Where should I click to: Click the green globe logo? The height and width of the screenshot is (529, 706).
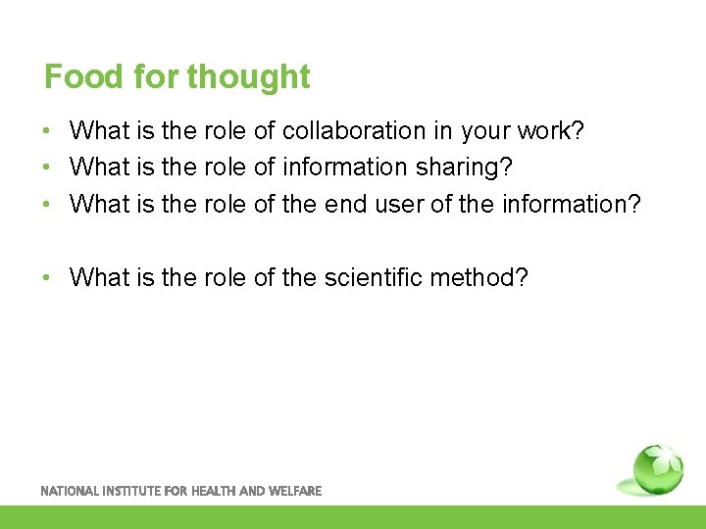[657, 469]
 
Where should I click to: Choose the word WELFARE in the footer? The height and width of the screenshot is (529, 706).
[295, 491]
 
